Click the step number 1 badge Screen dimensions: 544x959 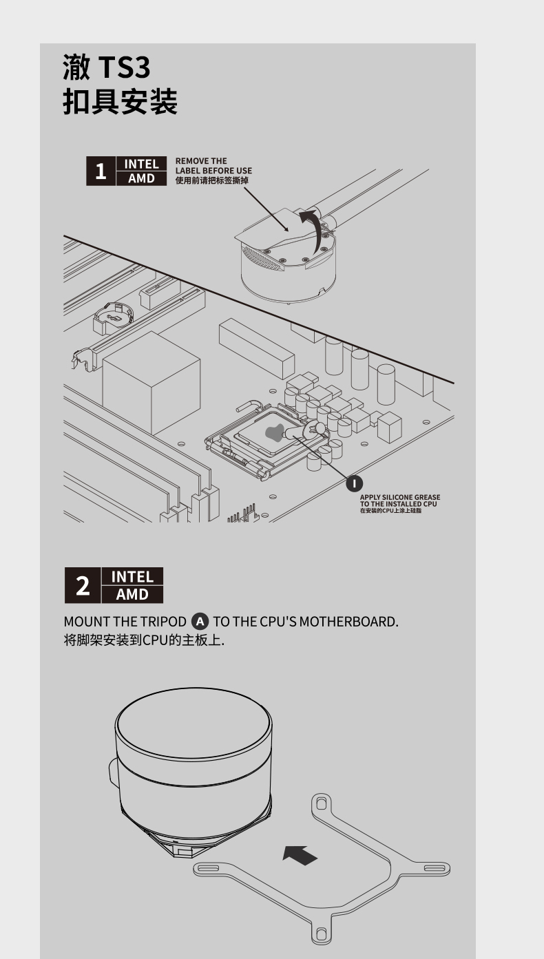click(x=101, y=171)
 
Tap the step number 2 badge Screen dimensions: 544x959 click(x=83, y=585)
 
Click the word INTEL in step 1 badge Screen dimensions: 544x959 click(x=141, y=164)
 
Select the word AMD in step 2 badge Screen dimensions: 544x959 click(x=132, y=594)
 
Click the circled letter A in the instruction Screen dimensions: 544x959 click(x=200, y=622)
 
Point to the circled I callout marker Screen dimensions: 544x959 click(x=354, y=484)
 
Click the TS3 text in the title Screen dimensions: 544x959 click(x=124, y=67)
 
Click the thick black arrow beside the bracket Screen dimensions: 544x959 click(x=300, y=854)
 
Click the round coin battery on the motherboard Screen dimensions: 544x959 click(x=114, y=317)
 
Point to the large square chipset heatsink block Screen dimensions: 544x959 click(x=151, y=382)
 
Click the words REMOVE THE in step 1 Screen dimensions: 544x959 click(x=201, y=161)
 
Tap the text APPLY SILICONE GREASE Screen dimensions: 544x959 click(x=400, y=497)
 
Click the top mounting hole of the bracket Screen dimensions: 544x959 click(x=322, y=803)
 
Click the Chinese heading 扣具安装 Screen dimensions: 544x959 click(x=121, y=102)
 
